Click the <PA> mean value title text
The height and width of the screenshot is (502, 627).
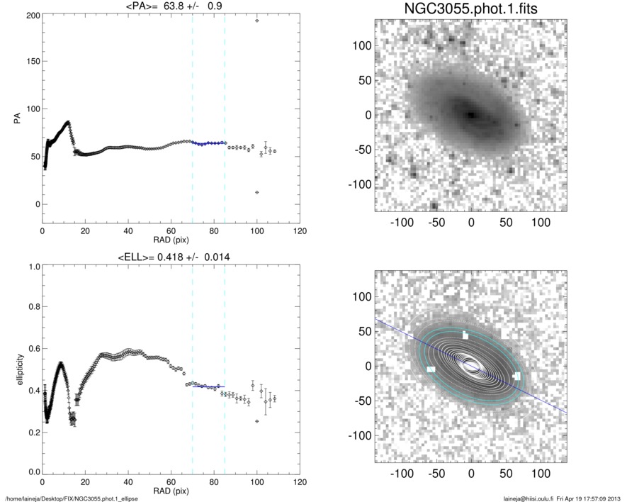click(x=170, y=6)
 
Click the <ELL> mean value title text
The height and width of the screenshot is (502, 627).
click(x=170, y=257)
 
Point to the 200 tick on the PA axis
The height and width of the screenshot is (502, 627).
click(x=31, y=15)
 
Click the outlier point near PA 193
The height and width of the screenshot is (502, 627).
click(x=257, y=21)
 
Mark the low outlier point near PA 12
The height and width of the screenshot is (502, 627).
click(x=257, y=192)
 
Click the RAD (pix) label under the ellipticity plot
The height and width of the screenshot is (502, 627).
click(x=171, y=491)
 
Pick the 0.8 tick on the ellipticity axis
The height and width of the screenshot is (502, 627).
click(x=30, y=308)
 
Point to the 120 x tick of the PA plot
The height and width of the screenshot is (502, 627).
click(x=300, y=231)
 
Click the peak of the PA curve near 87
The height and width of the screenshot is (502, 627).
click(x=68, y=122)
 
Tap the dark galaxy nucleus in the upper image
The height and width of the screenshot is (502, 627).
click(x=471, y=113)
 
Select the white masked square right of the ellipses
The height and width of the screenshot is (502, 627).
click(x=516, y=375)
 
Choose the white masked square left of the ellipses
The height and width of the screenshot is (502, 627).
click(x=431, y=369)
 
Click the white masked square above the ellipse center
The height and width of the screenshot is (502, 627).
click(x=465, y=335)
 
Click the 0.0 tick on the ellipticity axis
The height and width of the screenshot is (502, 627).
click(x=30, y=472)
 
